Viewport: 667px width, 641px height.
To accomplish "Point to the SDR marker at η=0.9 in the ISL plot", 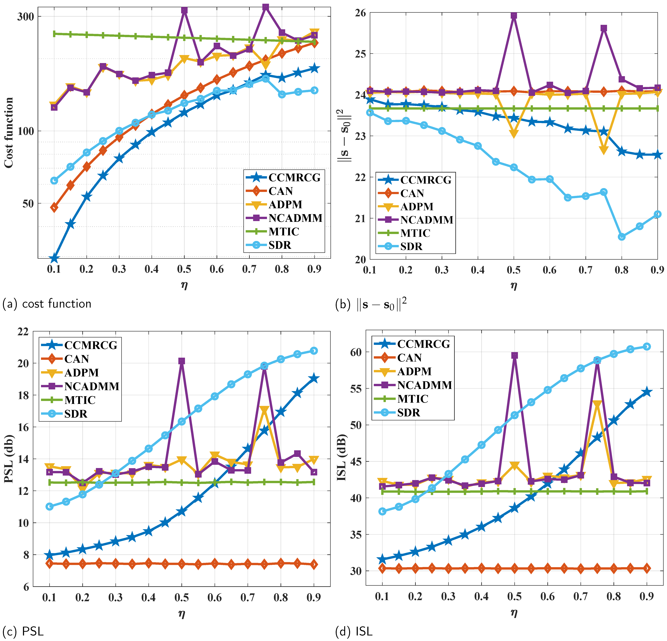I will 647,347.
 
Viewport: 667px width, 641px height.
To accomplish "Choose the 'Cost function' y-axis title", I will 8,133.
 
